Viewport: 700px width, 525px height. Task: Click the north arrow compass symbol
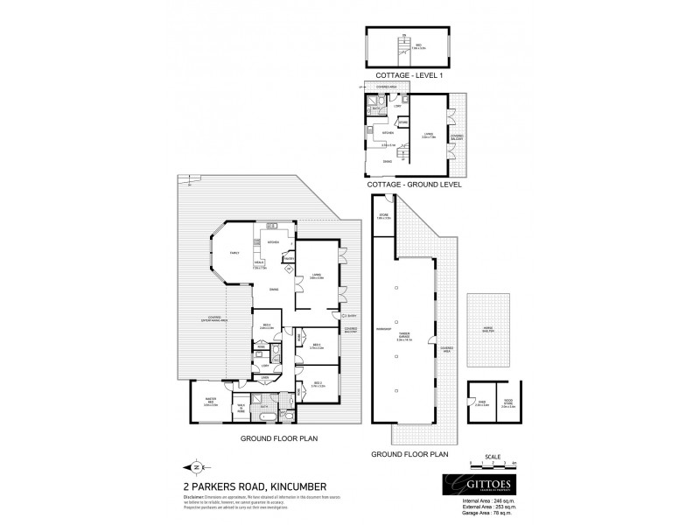pos(195,466)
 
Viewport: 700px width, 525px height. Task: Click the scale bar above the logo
pos(492,463)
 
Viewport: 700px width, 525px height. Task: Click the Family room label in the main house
pos(234,253)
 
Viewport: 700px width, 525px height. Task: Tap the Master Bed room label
pos(210,404)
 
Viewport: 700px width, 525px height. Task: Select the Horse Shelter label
pos(487,330)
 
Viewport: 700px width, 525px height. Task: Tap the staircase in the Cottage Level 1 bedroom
pos(403,45)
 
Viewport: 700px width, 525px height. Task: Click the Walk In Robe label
pos(241,407)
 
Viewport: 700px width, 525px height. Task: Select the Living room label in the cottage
pos(428,135)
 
